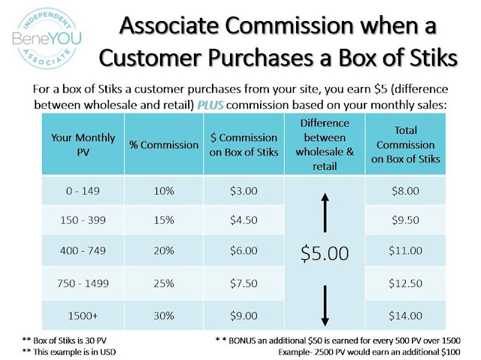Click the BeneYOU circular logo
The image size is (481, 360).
[47, 38]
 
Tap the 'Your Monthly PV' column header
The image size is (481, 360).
[83, 144]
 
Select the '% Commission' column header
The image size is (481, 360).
[164, 145]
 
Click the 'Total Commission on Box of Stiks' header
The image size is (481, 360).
[406, 144]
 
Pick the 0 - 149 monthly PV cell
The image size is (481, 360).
[83, 191]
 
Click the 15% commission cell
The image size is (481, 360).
[164, 220]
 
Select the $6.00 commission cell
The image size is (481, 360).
[244, 250]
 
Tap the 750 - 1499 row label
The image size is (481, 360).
[83, 283]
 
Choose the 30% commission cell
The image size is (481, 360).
[164, 316]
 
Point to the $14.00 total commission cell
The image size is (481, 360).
[406, 316]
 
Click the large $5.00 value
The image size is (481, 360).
[325, 253]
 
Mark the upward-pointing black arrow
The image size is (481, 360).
[325, 213]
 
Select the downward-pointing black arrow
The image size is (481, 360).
[325, 306]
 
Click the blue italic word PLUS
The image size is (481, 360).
[210, 105]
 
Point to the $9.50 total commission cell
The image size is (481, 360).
[406, 220]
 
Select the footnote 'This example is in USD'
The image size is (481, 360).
[69, 352]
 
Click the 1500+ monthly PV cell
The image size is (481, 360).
[83, 316]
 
